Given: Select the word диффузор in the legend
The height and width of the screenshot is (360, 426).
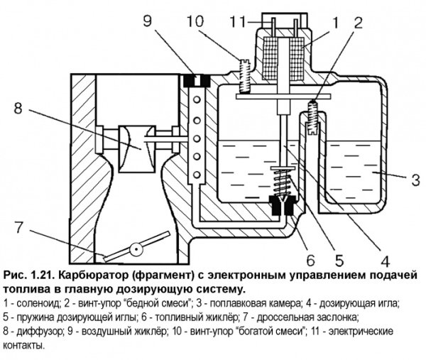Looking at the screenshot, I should coord(40,332).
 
